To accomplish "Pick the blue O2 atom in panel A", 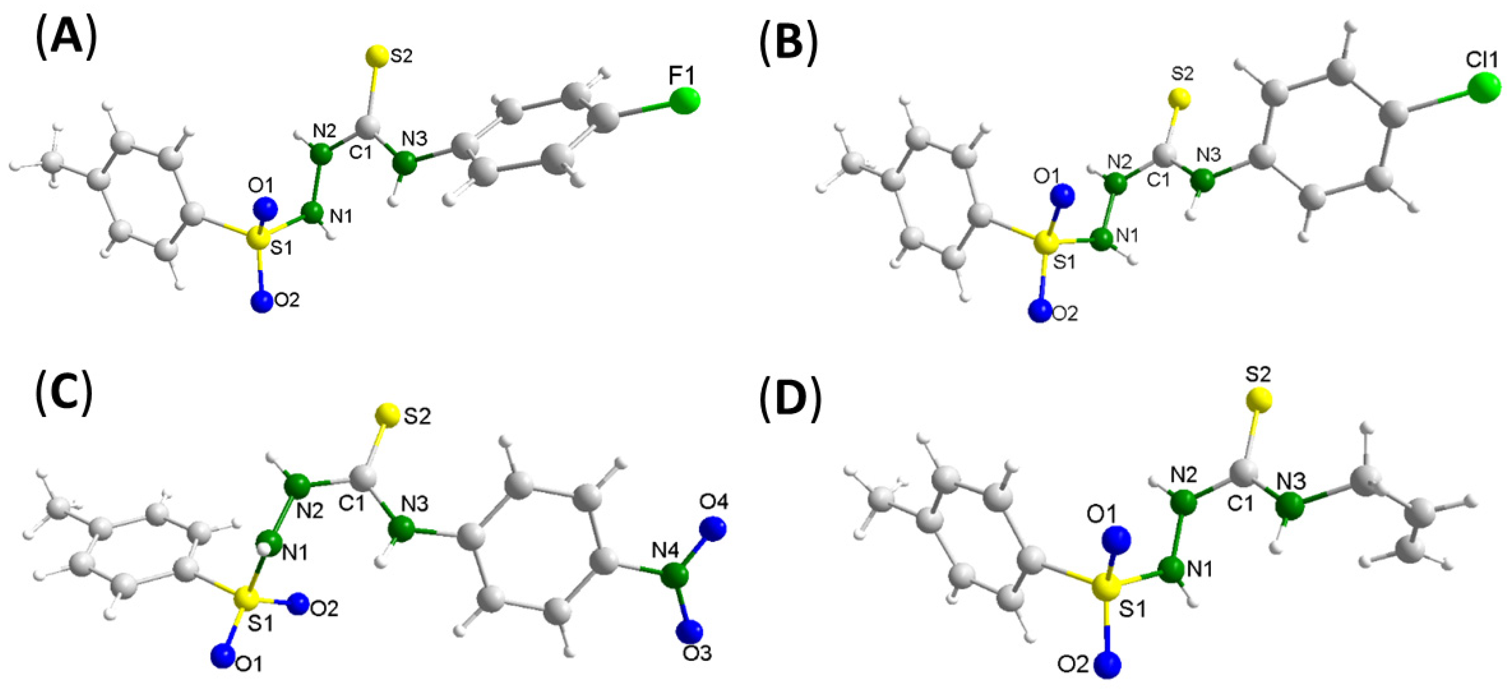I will [x=262, y=301].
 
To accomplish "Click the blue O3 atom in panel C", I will [x=690, y=631].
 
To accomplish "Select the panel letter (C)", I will [x=66, y=396].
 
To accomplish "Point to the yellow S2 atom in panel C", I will [x=388, y=415].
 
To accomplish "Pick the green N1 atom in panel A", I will [x=314, y=212].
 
